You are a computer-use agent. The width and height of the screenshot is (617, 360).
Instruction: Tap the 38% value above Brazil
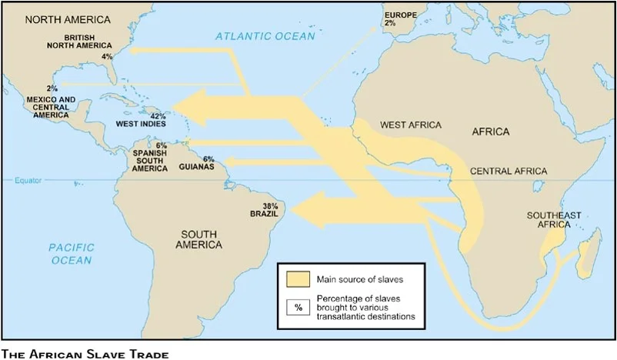click(x=270, y=206)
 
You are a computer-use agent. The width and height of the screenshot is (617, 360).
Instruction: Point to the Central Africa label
click(x=509, y=171)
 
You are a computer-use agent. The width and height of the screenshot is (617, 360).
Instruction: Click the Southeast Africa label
click(x=554, y=219)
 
